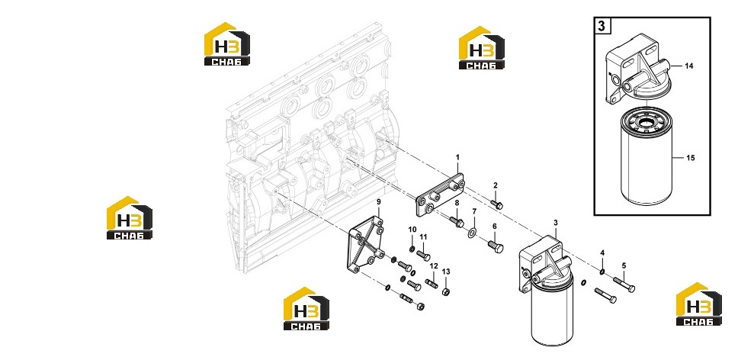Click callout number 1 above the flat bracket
(x=457, y=157)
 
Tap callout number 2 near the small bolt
(x=496, y=185)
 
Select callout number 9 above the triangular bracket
(x=378, y=201)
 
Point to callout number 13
(x=446, y=272)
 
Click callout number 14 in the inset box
(x=689, y=66)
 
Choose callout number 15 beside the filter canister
(x=691, y=158)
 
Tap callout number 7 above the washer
(x=474, y=211)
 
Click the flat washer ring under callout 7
(x=472, y=234)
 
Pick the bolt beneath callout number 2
(x=496, y=204)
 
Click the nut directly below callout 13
(x=445, y=291)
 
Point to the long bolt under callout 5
(x=624, y=284)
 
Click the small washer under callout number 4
(x=602, y=272)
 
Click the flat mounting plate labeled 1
(x=440, y=195)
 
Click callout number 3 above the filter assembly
(x=556, y=223)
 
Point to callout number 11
(x=423, y=236)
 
